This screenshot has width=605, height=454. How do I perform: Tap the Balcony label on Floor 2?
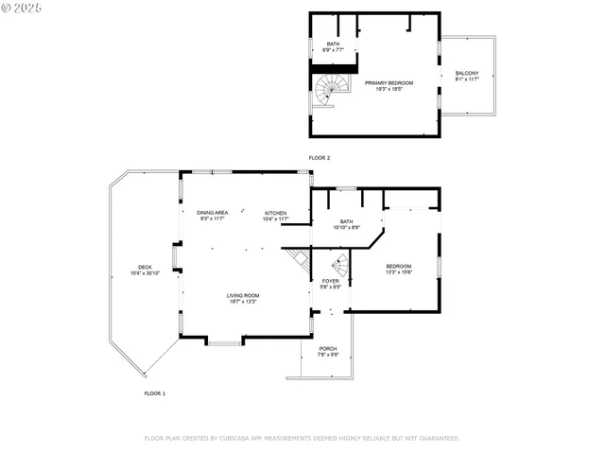click(x=467, y=74)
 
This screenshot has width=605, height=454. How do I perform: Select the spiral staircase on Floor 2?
click(x=332, y=90)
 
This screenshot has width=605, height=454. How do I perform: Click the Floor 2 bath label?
click(x=333, y=44)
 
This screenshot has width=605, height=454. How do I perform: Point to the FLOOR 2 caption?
click(x=320, y=157)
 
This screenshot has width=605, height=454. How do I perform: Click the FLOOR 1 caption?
click(x=155, y=393)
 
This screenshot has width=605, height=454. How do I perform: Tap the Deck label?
click(x=145, y=267)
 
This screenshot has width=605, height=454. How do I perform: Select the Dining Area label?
click(x=212, y=213)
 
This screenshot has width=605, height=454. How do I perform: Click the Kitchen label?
click(x=275, y=213)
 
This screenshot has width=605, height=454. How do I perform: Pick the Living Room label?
click(x=243, y=295)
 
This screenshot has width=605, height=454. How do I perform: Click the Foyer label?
click(x=330, y=281)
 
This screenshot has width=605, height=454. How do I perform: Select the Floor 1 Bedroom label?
click(x=399, y=266)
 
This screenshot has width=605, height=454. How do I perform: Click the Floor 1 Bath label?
click(x=346, y=221)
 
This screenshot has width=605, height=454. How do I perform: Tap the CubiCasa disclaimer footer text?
click(x=302, y=438)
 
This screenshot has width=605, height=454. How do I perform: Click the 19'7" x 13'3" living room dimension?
click(x=243, y=302)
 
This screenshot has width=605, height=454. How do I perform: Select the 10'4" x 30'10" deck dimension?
click(x=145, y=273)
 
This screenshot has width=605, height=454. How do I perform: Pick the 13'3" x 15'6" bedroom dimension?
click(x=399, y=272)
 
